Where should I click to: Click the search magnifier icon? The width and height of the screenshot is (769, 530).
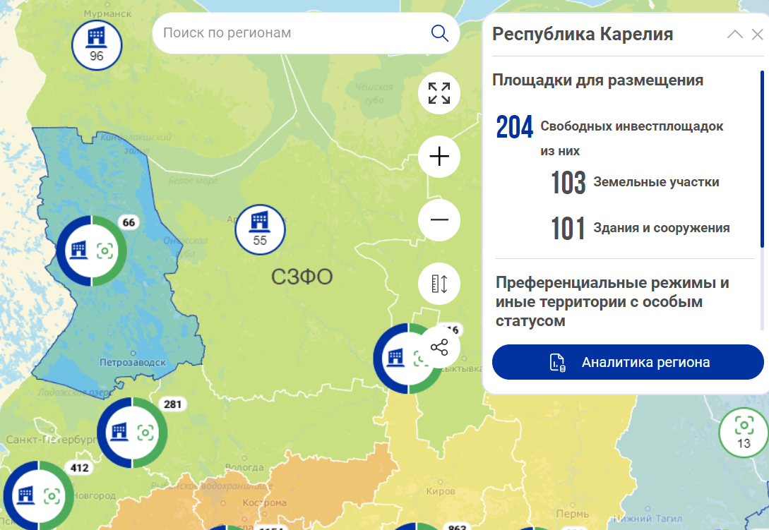tap(439, 33)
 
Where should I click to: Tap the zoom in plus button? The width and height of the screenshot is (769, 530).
tap(439, 156)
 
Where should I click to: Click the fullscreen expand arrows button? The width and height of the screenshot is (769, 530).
tap(439, 93)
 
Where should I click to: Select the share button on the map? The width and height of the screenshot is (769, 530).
tap(439, 347)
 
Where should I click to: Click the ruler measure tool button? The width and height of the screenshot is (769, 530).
tap(439, 284)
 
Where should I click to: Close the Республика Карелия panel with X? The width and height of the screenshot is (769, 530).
tap(757, 34)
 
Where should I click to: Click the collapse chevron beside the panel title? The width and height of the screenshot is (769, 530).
tap(734, 34)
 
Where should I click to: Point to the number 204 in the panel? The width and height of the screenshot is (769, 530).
tap(514, 127)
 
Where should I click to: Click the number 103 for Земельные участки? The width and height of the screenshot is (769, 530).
tap(568, 183)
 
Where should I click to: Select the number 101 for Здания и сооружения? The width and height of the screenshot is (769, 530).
tap(568, 229)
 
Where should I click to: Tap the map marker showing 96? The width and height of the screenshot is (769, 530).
tap(97, 44)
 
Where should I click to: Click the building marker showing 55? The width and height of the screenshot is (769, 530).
tap(260, 228)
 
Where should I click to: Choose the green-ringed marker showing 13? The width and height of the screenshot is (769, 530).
tap(743, 431)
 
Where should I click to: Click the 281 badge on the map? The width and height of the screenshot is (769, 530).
tap(173, 404)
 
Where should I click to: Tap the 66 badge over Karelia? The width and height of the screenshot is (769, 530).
tap(129, 223)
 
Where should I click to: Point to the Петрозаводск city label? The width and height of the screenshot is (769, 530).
tap(132, 363)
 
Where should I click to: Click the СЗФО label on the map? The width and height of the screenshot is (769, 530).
tap(302, 277)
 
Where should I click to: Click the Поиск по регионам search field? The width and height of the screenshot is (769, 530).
tap(290, 33)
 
